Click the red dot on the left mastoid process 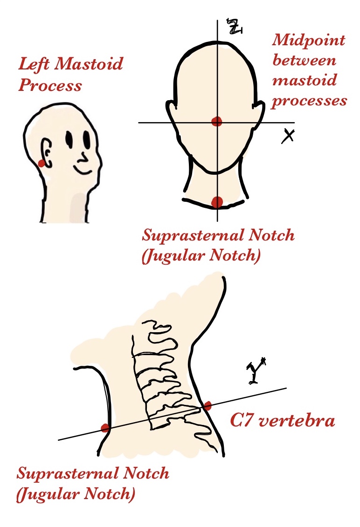tap(41, 163)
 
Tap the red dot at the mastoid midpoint tap(216, 122)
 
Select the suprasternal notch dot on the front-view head tap(217, 202)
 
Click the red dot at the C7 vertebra tap(208, 405)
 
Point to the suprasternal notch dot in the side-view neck tap(105, 428)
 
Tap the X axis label tap(290, 136)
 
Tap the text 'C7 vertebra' tap(283, 421)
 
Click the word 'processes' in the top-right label tap(309, 101)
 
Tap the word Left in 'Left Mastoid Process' tap(34, 63)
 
